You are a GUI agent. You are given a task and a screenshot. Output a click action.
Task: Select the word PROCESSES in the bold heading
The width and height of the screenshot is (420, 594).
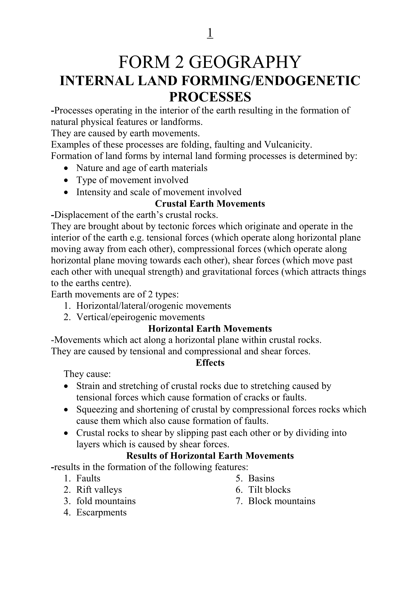210,97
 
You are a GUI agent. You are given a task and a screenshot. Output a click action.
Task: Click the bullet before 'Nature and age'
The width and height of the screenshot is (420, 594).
67,168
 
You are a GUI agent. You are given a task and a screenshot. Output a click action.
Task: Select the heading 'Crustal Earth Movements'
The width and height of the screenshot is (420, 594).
210,204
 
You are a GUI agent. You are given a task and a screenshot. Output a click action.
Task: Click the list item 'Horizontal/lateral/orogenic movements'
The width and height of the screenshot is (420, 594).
153,306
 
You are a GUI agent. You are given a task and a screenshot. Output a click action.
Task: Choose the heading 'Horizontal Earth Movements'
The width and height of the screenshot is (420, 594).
210,329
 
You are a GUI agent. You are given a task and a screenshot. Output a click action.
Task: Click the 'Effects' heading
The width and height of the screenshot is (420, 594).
210,363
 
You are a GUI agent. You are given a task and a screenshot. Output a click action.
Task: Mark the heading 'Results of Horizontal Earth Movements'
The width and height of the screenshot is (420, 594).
210,456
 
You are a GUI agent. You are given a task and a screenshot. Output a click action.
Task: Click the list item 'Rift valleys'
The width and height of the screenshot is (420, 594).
99,490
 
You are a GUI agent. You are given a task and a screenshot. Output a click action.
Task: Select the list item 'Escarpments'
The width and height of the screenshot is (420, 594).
101,513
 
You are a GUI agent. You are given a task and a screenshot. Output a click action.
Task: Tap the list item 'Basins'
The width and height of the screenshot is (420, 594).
261,478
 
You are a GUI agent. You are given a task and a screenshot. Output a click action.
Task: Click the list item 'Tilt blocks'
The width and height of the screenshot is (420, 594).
269,490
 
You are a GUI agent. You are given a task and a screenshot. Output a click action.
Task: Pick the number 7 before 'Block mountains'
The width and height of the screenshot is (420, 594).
239,501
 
